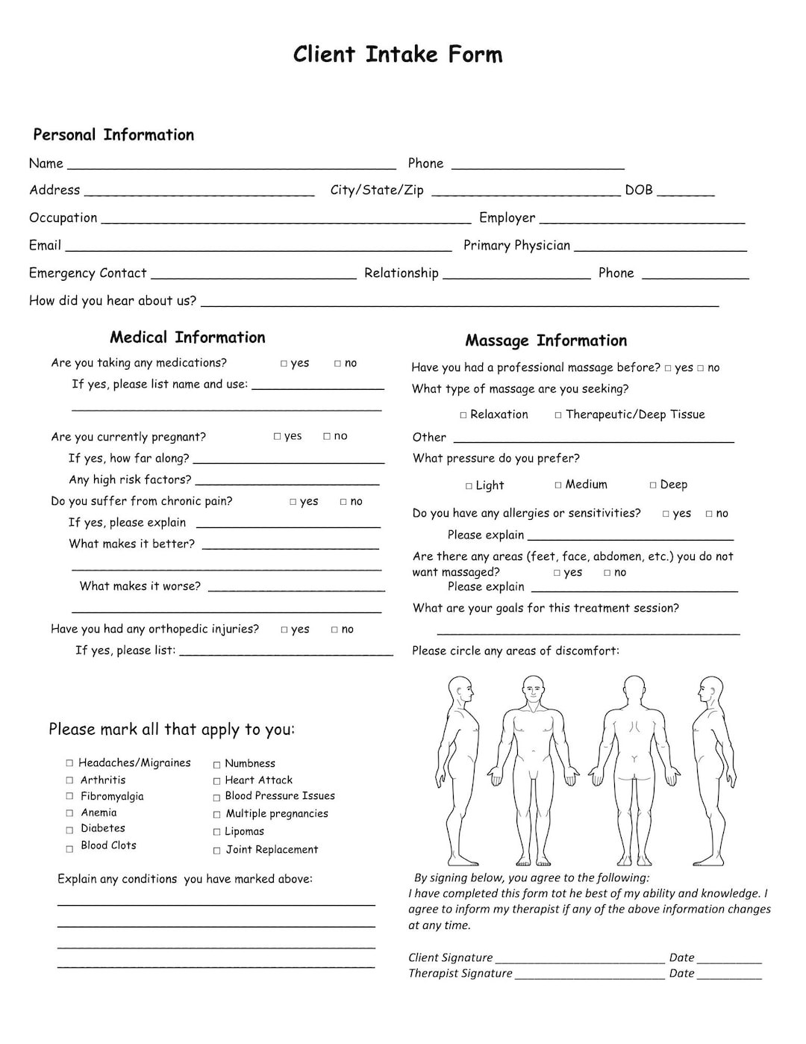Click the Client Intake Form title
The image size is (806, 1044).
[398, 55]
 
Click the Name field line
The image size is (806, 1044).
[231, 166]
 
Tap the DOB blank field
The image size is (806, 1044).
[685, 193]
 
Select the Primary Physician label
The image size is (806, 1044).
[516, 246]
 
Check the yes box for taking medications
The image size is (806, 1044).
[284, 364]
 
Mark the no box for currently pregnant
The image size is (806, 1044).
[327, 436]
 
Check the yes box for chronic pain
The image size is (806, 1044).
[293, 502]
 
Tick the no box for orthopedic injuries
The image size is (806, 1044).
[335, 630]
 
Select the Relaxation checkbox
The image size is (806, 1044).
[463, 415]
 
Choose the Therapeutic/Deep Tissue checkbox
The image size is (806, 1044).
[558, 415]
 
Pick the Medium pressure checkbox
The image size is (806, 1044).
[558, 485]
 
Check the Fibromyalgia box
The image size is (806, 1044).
[69, 797]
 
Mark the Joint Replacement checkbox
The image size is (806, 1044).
[217, 851]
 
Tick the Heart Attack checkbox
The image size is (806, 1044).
[217, 781]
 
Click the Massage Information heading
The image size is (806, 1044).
[546, 341]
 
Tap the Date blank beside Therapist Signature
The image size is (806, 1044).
[729, 976]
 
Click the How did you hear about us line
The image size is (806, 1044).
[460, 303]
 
